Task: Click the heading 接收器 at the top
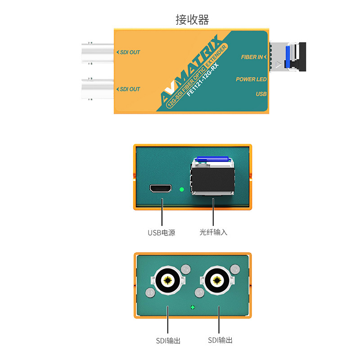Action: (x=192, y=20)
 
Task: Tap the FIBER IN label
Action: (x=253, y=57)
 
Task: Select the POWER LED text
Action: (x=251, y=79)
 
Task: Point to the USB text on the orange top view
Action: (x=261, y=94)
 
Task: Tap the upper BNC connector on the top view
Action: (x=97, y=52)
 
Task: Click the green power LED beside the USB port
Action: (x=181, y=189)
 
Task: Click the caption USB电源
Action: (x=161, y=233)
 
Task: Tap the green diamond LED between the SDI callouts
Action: (x=193, y=307)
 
